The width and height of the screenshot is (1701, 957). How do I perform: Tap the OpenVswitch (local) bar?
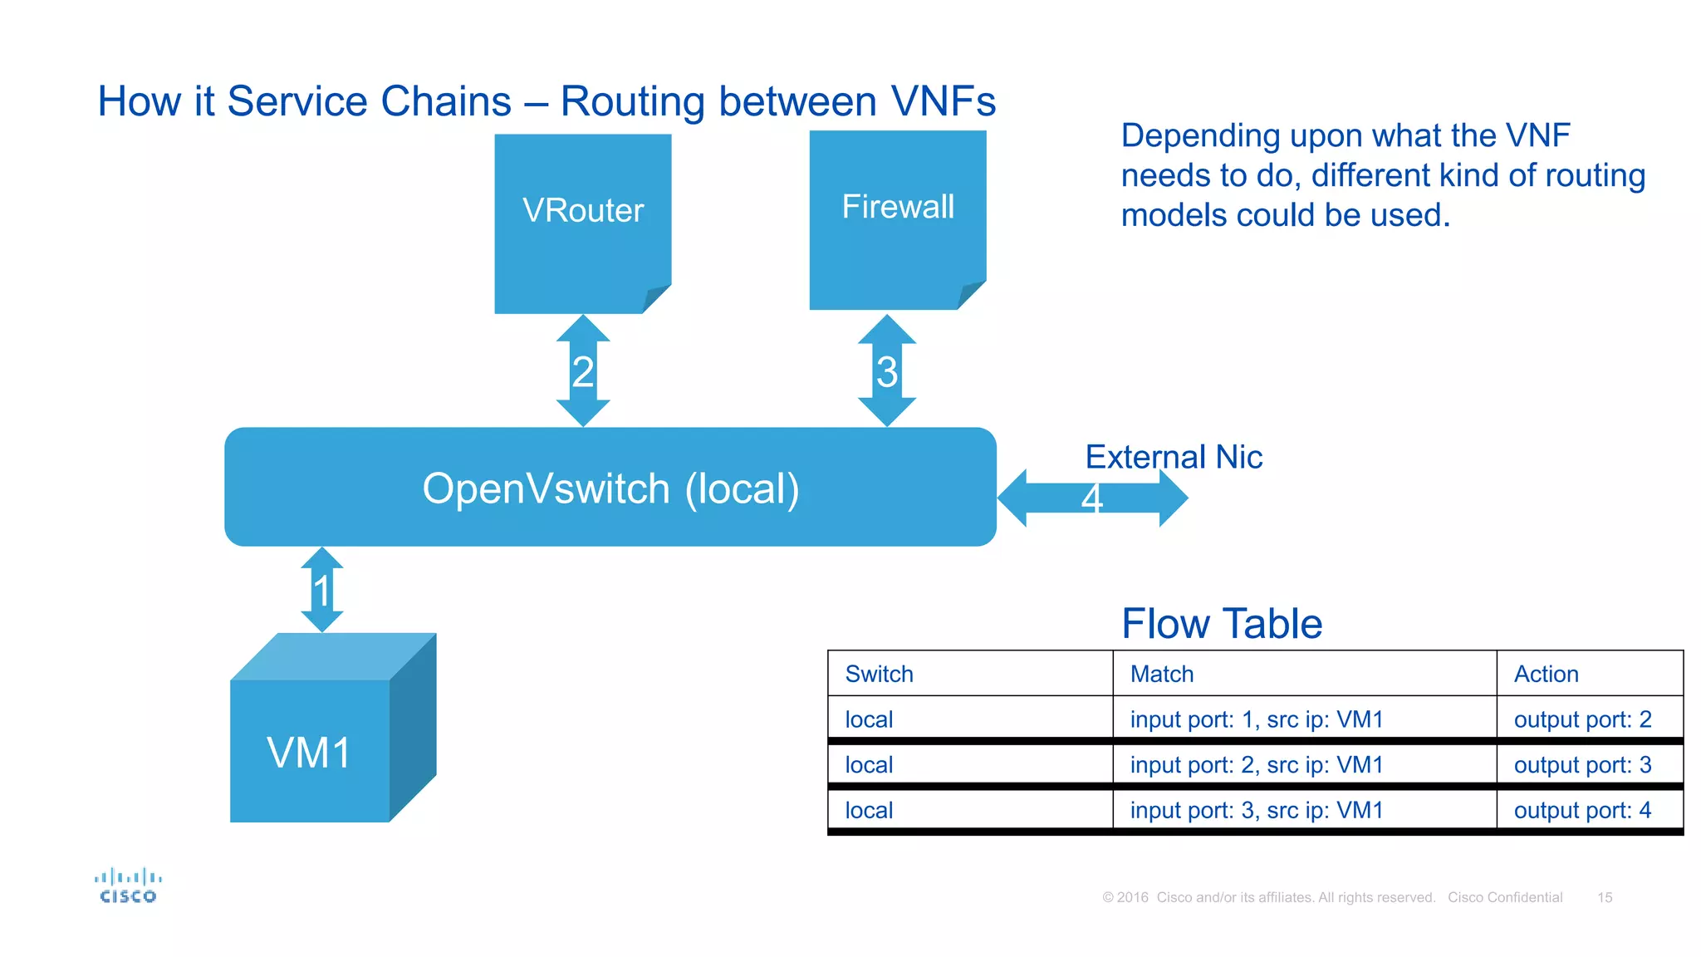click(610, 488)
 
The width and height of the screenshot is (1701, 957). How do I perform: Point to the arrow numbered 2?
click(583, 371)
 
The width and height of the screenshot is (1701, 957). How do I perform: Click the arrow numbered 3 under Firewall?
click(886, 371)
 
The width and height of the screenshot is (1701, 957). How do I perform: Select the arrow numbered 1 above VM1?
click(322, 590)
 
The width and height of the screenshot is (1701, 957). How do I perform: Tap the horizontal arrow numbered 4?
click(1092, 498)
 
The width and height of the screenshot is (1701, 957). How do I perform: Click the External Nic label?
click(1173, 457)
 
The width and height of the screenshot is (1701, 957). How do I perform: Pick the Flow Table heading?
click(1221, 624)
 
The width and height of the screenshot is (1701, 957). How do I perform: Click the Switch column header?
click(879, 674)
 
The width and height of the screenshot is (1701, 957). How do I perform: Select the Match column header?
click(1161, 674)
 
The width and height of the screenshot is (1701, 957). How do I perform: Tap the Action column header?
click(1546, 674)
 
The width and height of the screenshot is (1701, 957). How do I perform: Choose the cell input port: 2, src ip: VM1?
click(1256, 764)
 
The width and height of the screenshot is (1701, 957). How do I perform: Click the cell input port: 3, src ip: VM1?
click(1256, 810)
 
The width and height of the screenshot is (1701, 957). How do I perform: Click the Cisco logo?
click(128, 886)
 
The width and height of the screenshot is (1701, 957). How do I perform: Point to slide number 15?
click(1605, 897)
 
